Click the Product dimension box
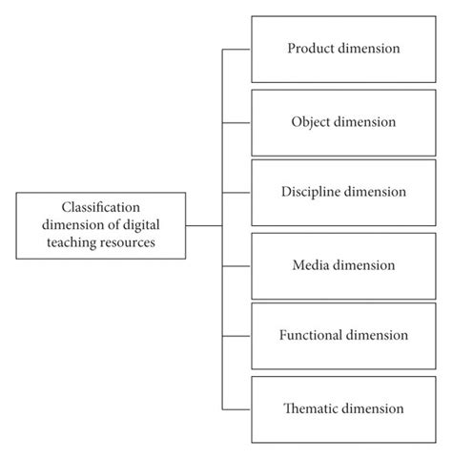pos(343,49)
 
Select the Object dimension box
pos(343,122)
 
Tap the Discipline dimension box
pos(343,193)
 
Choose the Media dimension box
pos(343,264)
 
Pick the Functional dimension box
pos(343,336)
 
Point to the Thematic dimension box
pos(343,408)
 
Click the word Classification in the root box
pos(100,207)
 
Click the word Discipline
pos(313,193)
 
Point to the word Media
pos(313,264)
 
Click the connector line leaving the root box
pos(203,225)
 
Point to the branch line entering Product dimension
pos(236,49)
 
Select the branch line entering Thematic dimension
pos(236,408)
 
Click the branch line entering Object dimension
pos(236,122)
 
